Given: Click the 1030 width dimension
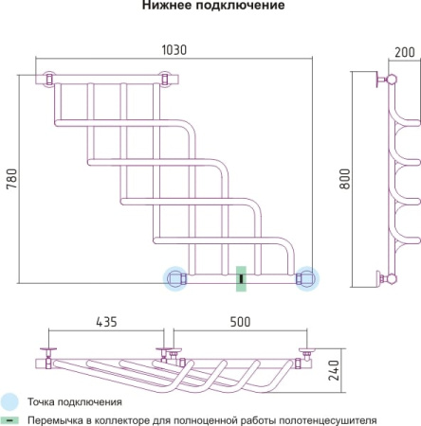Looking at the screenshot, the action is [x=174, y=50].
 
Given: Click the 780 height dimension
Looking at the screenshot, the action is [x=11, y=179].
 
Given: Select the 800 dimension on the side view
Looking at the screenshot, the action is [x=345, y=179].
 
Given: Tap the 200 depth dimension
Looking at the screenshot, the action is [x=405, y=52].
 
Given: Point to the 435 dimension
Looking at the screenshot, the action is [x=106, y=322].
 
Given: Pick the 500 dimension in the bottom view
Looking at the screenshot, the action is [x=240, y=322].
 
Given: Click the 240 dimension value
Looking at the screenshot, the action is [x=334, y=370].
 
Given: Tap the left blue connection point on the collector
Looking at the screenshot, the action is [x=175, y=278].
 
